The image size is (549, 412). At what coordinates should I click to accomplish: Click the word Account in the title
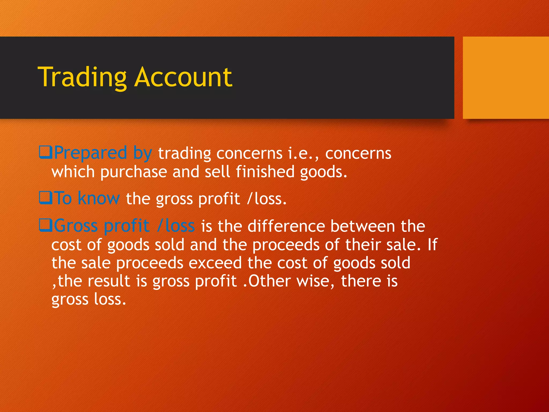tap(184, 78)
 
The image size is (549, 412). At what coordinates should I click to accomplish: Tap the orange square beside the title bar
tap(506, 78)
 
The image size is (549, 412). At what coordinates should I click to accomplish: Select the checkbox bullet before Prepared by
tap(45, 152)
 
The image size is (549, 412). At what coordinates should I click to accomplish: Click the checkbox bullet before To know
tap(45, 198)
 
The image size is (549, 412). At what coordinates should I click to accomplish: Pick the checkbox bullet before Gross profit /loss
tap(45, 225)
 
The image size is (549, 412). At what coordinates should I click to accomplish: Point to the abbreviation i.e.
tap(301, 154)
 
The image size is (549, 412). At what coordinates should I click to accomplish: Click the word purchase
tap(133, 172)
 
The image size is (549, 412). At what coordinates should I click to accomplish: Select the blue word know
tap(99, 198)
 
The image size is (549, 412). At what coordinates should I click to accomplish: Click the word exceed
tap(215, 263)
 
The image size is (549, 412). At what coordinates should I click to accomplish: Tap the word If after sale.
tap(432, 245)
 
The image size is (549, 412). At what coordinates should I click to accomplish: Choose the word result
tap(109, 281)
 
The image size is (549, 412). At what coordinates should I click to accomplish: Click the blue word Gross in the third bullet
tap(76, 226)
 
